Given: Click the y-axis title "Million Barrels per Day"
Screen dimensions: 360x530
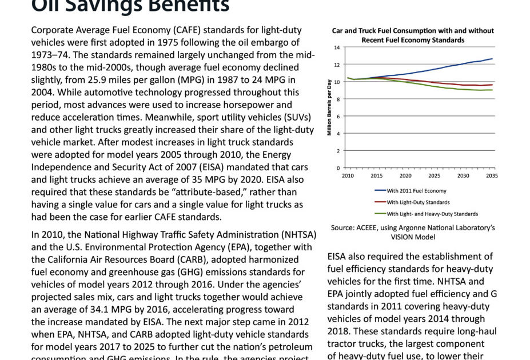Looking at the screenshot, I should pyautogui.click(x=330, y=107).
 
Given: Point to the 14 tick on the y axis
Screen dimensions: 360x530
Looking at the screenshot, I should pyautogui.click(x=337, y=47).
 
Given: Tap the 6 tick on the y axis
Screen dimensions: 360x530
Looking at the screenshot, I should pyautogui.click(x=338, y=117).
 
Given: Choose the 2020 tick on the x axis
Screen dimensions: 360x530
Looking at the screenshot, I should pyautogui.click(x=405, y=176).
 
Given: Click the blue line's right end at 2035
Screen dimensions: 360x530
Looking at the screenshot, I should pyautogui.click(x=492, y=59).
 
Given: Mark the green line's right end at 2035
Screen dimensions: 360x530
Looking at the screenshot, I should pyautogui.click(x=492, y=90).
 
